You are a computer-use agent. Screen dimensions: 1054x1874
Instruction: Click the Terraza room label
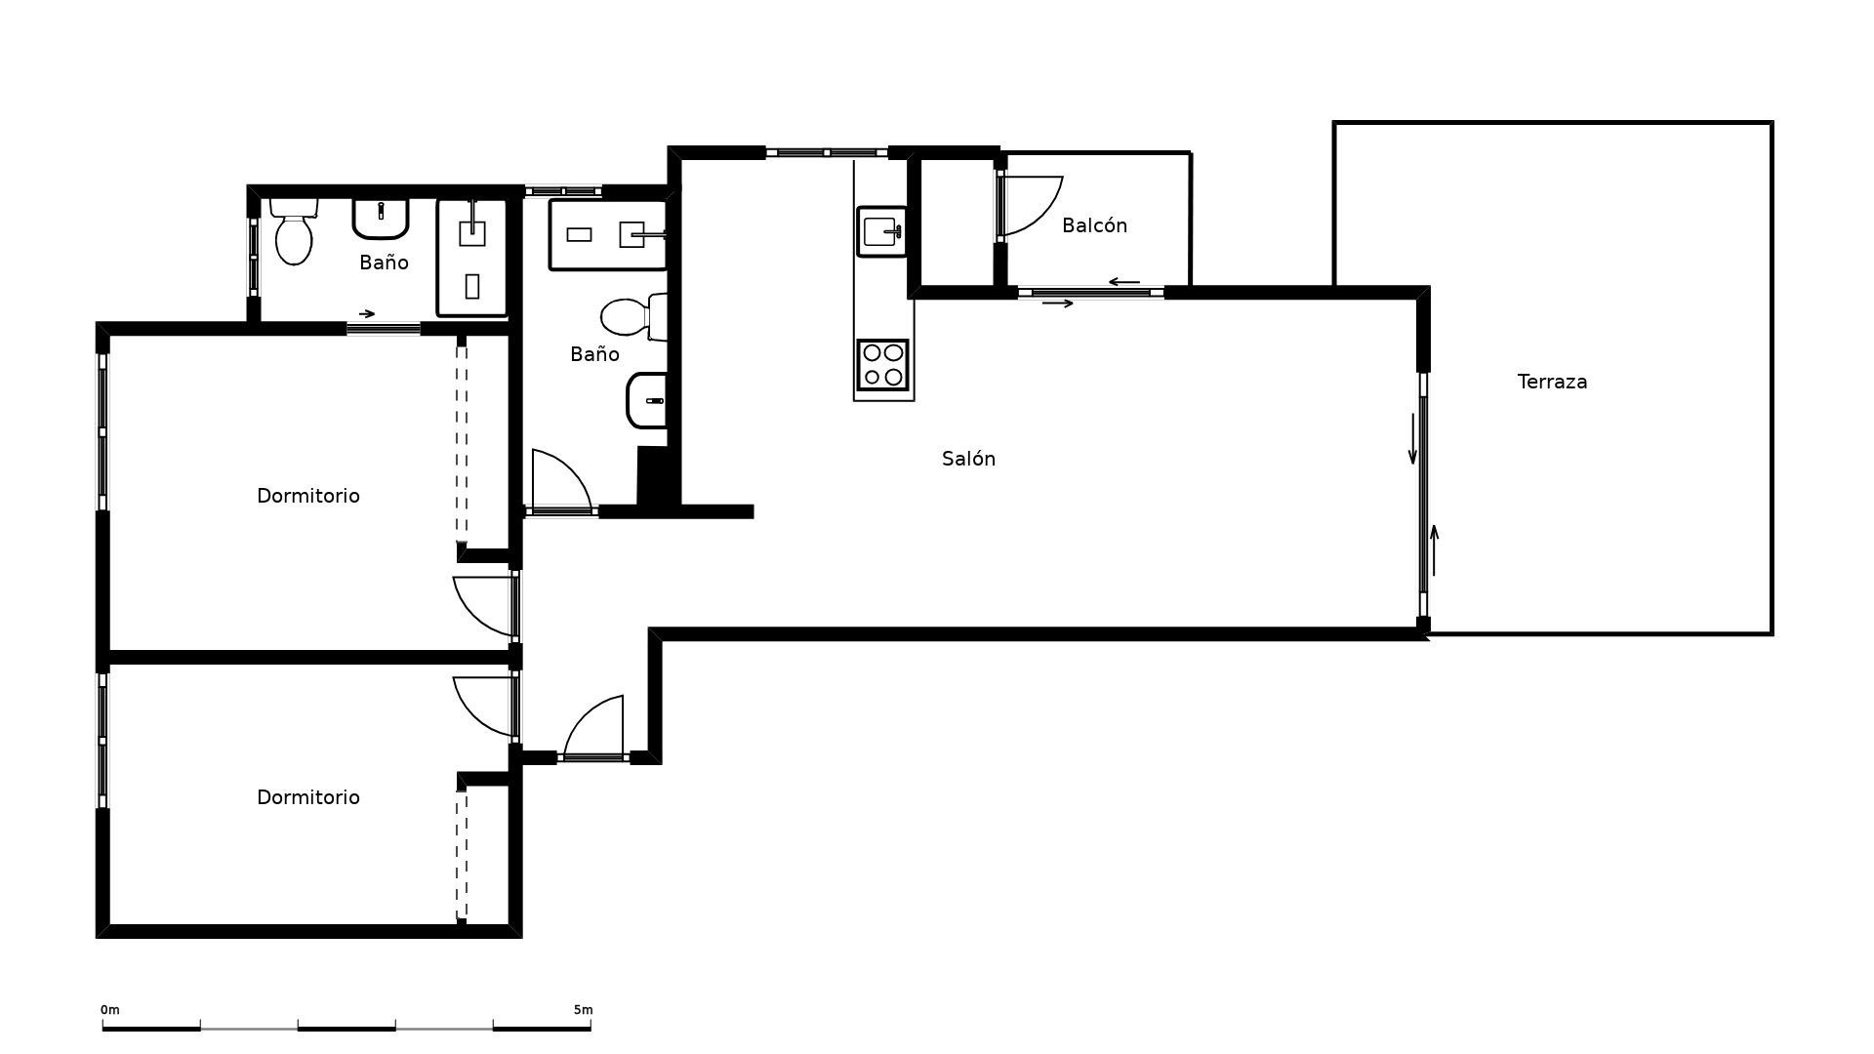tap(1552, 382)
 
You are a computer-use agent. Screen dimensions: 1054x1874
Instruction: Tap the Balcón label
tap(1094, 225)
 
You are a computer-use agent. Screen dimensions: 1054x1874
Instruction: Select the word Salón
tap(968, 459)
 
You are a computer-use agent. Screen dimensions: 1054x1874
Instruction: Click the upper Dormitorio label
tap(307, 496)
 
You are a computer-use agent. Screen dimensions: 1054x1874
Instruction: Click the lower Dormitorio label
tap(307, 797)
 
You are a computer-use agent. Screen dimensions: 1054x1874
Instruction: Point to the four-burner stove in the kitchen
tap(882, 364)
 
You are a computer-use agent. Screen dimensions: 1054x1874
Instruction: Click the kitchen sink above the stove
tap(881, 231)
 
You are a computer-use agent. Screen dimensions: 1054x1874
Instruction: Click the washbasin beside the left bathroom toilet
tap(380, 218)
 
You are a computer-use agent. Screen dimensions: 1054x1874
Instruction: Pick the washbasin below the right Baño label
tap(647, 400)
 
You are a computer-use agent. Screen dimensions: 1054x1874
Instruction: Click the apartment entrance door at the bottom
tap(595, 728)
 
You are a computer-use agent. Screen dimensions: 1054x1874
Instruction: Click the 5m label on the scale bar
tap(583, 1010)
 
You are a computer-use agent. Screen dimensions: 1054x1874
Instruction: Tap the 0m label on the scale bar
tap(110, 1010)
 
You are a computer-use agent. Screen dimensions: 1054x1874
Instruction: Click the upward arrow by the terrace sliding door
tap(1434, 549)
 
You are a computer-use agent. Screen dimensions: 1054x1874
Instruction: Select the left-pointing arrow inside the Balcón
tap(1123, 282)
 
